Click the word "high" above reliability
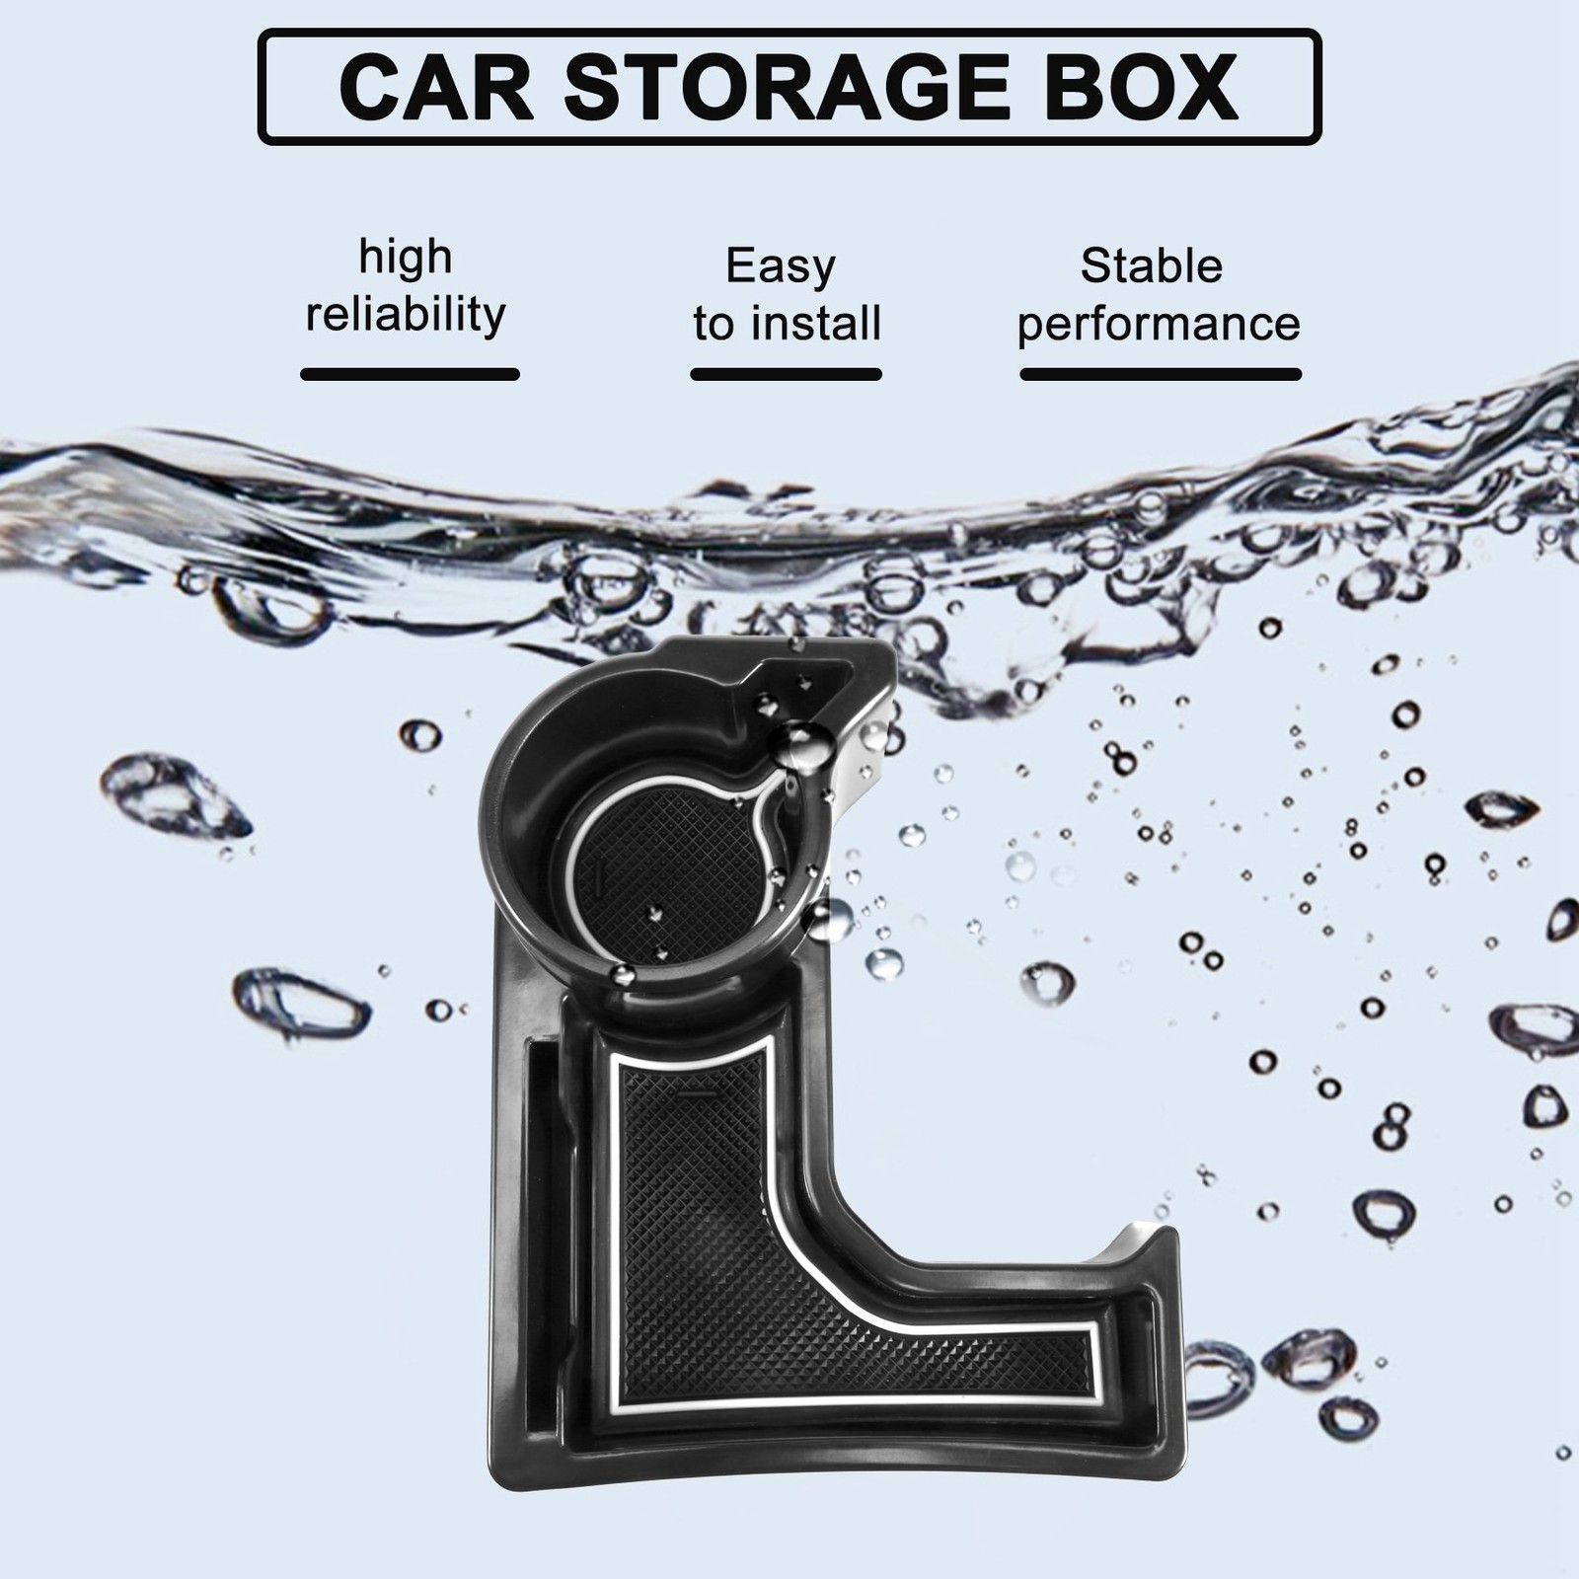click(406, 257)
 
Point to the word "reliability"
click(406, 315)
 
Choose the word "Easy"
click(781, 265)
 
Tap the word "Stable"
click(1152, 265)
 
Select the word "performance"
click(1159, 324)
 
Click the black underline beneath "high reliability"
click(410, 374)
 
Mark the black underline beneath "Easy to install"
click(786, 374)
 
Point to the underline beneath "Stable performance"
click(1161, 374)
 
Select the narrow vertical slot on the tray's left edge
click(542, 1224)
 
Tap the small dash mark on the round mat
click(597, 872)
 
